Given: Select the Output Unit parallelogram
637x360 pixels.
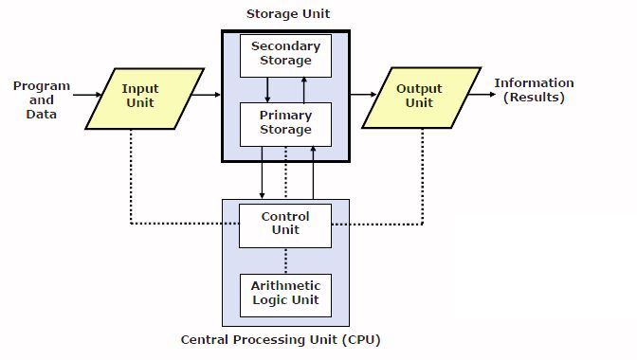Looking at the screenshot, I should click(419, 97).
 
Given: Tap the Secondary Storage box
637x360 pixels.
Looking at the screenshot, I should click(285, 54).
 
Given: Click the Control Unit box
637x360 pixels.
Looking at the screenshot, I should click(285, 223).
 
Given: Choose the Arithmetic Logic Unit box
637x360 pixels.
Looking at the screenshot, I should click(285, 293).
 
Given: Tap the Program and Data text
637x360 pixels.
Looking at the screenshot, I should click(41, 99).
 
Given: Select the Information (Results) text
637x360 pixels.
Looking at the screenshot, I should click(534, 90).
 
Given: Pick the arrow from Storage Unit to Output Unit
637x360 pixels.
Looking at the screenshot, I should click(363, 95).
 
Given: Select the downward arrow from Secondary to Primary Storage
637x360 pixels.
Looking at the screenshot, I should click(268, 89).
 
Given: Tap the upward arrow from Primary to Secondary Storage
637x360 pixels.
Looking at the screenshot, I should click(304, 89).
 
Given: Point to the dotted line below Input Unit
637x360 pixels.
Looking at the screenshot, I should click(131, 175).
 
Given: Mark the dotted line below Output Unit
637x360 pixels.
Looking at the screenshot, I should click(420, 175).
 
